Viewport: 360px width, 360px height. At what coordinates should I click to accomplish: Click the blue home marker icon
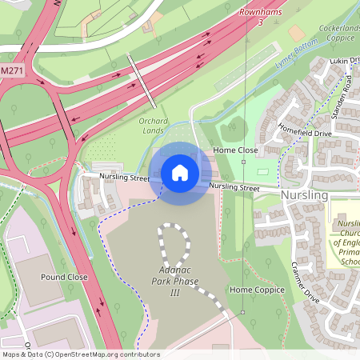(180, 173)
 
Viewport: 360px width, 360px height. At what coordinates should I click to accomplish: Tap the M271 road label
(11, 71)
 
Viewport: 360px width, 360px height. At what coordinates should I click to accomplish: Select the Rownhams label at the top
(261, 12)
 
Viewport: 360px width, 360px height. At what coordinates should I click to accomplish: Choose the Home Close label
(235, 150)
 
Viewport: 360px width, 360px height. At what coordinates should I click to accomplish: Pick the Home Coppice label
(257, 290)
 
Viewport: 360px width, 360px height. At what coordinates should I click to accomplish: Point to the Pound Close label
(64, 277)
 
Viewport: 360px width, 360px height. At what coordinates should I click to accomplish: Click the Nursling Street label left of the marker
(125, 177)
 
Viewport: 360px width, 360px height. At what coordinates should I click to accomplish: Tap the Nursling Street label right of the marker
(234, 187)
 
